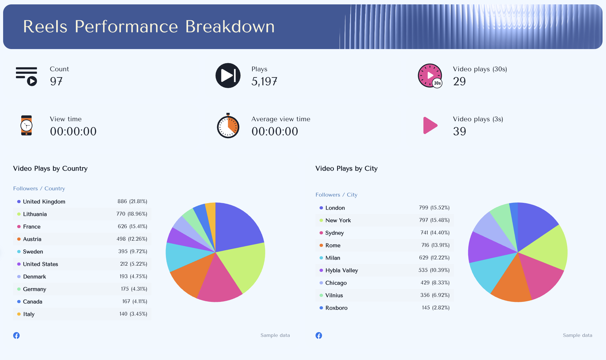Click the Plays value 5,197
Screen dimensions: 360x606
tap(264, 82)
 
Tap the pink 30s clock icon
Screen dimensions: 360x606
tap(430, 76)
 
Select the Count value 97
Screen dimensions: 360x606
tap(56, 82)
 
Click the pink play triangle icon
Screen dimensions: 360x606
tap(430, 125)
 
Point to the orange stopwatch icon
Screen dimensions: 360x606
tap(228, 126)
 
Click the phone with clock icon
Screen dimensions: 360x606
tap(27, 125)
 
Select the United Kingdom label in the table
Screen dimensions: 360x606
tap(44, 202)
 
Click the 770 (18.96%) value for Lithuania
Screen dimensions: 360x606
tap(132, 214)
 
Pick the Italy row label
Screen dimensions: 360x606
tap(29, 314)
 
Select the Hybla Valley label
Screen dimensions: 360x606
tap(341, 270)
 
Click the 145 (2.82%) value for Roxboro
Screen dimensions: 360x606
tap(435, 308)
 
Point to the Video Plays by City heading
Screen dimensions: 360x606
tap(346, 168)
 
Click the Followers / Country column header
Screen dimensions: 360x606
tap(39, 188)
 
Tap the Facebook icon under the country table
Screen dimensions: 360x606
tap(17, 335)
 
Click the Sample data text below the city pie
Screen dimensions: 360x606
tap(577, 335)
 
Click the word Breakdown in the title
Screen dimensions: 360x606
tap(230, 27)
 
